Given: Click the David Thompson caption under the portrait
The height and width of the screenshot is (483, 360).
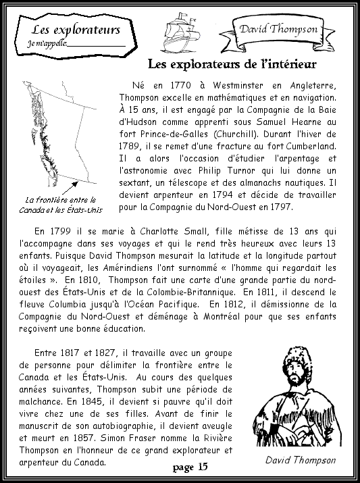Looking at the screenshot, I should [300, 459].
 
